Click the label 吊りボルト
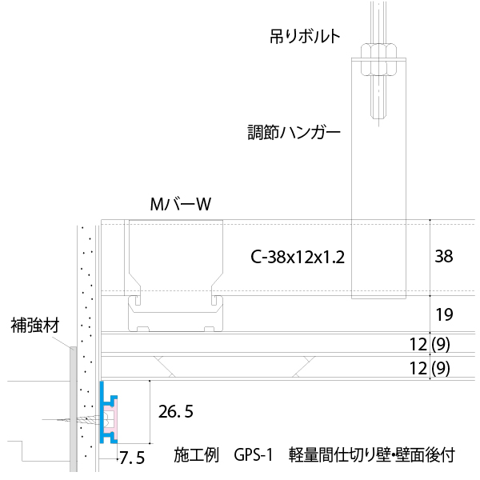click(305, 37)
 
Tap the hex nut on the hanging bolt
click(378, 59)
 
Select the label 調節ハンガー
click(294, 133)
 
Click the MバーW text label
click(181, 204)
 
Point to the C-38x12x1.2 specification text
click(298, 257)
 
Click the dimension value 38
click(444, 256)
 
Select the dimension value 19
click(445, 314)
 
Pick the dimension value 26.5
click(176, 412)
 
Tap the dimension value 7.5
click(132, 458)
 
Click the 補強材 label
click(35, 326)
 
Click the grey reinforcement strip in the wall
click(73, 409)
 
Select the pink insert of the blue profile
click(110, 419)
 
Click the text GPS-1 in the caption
click(253, 455)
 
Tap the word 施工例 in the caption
click(197, 455)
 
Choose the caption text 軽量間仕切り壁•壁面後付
click(372, 455)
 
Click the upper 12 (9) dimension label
click(430, 344)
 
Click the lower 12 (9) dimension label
click(430, 368)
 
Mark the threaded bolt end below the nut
click(378, 98)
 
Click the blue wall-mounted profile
click(102, 412)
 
